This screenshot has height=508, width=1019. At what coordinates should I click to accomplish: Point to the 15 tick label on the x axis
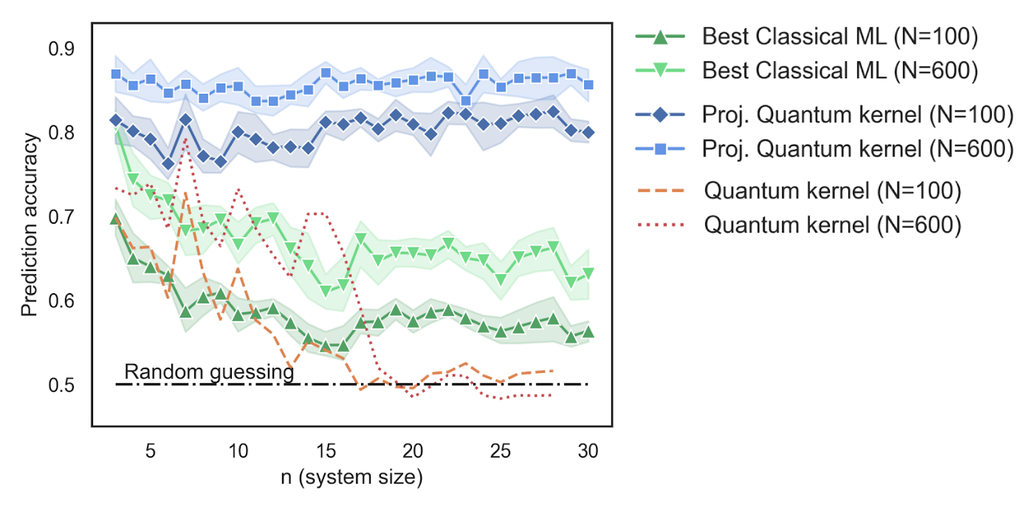pyautogui.click(x=325, y=450)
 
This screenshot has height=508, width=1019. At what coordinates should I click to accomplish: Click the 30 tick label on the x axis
pyautogui.click(x=588, y=450)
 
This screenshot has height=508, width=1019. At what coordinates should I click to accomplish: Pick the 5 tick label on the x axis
pyautogui.click(x=151, y=450)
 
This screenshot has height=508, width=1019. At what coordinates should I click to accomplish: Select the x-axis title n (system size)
pyautogui.click(x=351, y=478)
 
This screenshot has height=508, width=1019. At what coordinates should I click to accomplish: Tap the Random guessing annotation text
pyautogui.click(x=209, y=372)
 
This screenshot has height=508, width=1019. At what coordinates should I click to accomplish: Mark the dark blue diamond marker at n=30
pyautogui.click(x=589, y=133)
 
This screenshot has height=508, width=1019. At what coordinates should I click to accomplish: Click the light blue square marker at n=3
pyautogui.click(x=116, y=75)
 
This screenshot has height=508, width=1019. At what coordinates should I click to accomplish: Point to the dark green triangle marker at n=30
pyautogui.click(x=589, y=332)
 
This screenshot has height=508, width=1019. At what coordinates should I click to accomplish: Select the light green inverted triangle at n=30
pyautogui.click(x=589, y=274)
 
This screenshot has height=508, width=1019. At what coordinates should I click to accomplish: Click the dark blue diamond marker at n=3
pyautogui.click(x=116, y=120)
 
